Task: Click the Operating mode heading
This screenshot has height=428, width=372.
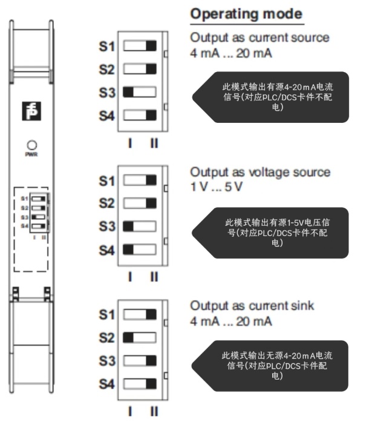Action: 247,14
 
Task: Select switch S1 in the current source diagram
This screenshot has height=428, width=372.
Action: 140,45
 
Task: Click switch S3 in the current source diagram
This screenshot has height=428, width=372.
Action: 140,92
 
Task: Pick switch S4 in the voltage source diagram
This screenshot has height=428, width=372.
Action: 140,249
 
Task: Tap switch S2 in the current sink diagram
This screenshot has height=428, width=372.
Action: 140,337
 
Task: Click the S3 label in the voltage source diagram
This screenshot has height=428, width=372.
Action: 107,227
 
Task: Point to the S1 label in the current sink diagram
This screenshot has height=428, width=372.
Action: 107,315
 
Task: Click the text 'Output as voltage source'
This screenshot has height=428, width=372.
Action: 261,173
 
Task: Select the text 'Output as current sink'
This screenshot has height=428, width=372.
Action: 252,306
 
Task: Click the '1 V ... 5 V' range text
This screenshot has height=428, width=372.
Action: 216,186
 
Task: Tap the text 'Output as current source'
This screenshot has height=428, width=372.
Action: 260,38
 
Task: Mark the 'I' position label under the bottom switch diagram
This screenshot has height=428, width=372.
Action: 130,412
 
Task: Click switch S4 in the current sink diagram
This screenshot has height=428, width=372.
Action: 140,383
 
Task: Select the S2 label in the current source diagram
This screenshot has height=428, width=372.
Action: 107,70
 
